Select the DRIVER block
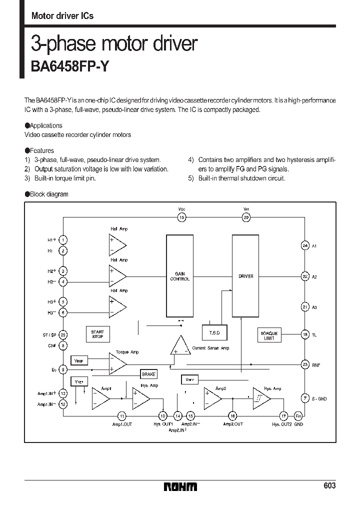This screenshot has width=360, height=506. click(x=246, y=276)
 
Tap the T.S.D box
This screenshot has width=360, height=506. click(x=214, y=333)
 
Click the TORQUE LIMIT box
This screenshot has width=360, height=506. click(x=269, y=335)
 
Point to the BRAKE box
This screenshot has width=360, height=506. click(x=149, y=374)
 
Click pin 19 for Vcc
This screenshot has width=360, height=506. click(x=182, y=217)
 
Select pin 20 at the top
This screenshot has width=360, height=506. click(x=246, y=217)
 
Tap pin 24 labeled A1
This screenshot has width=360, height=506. click(x=305, y=245)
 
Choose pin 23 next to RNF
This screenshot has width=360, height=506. click(x=305, y=365)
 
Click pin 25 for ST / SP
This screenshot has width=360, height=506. click(x=63, y=334)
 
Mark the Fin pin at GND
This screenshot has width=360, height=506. click(x=298, y=415)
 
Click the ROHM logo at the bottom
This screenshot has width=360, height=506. click(x=180, y=486)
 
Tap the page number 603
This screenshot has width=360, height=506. click(x=329, y=486)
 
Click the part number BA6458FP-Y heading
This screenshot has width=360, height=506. click(x=69, y=66)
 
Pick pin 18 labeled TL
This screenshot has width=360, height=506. click(x=305, y=334)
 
